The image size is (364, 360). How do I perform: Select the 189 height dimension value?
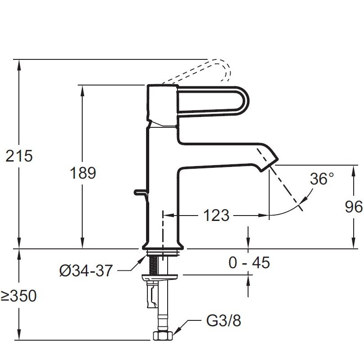pos(83,173)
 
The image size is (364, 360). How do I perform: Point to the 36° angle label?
pos(322,179)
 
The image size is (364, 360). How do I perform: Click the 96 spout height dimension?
pos(354,207)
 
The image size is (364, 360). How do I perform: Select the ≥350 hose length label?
pos(18,296)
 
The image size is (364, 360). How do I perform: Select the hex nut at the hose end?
pos(161,335)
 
